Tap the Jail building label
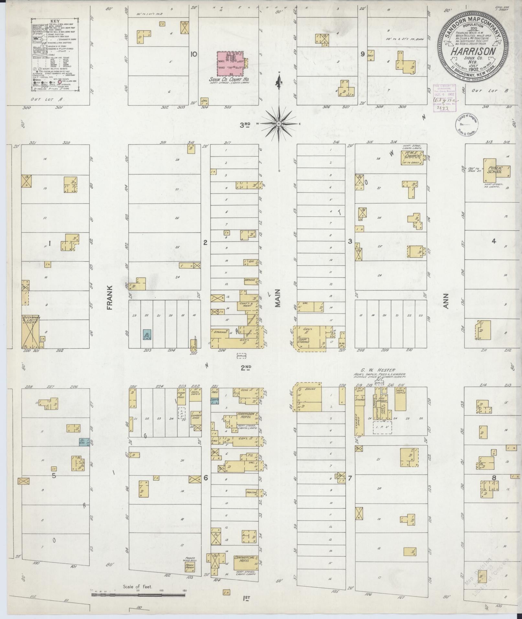[204, 101]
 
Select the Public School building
[495, 170]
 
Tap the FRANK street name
[109, 297]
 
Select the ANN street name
[446, 301]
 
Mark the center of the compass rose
[279, 123]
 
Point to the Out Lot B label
[486, 91]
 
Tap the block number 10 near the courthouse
[194, 54]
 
